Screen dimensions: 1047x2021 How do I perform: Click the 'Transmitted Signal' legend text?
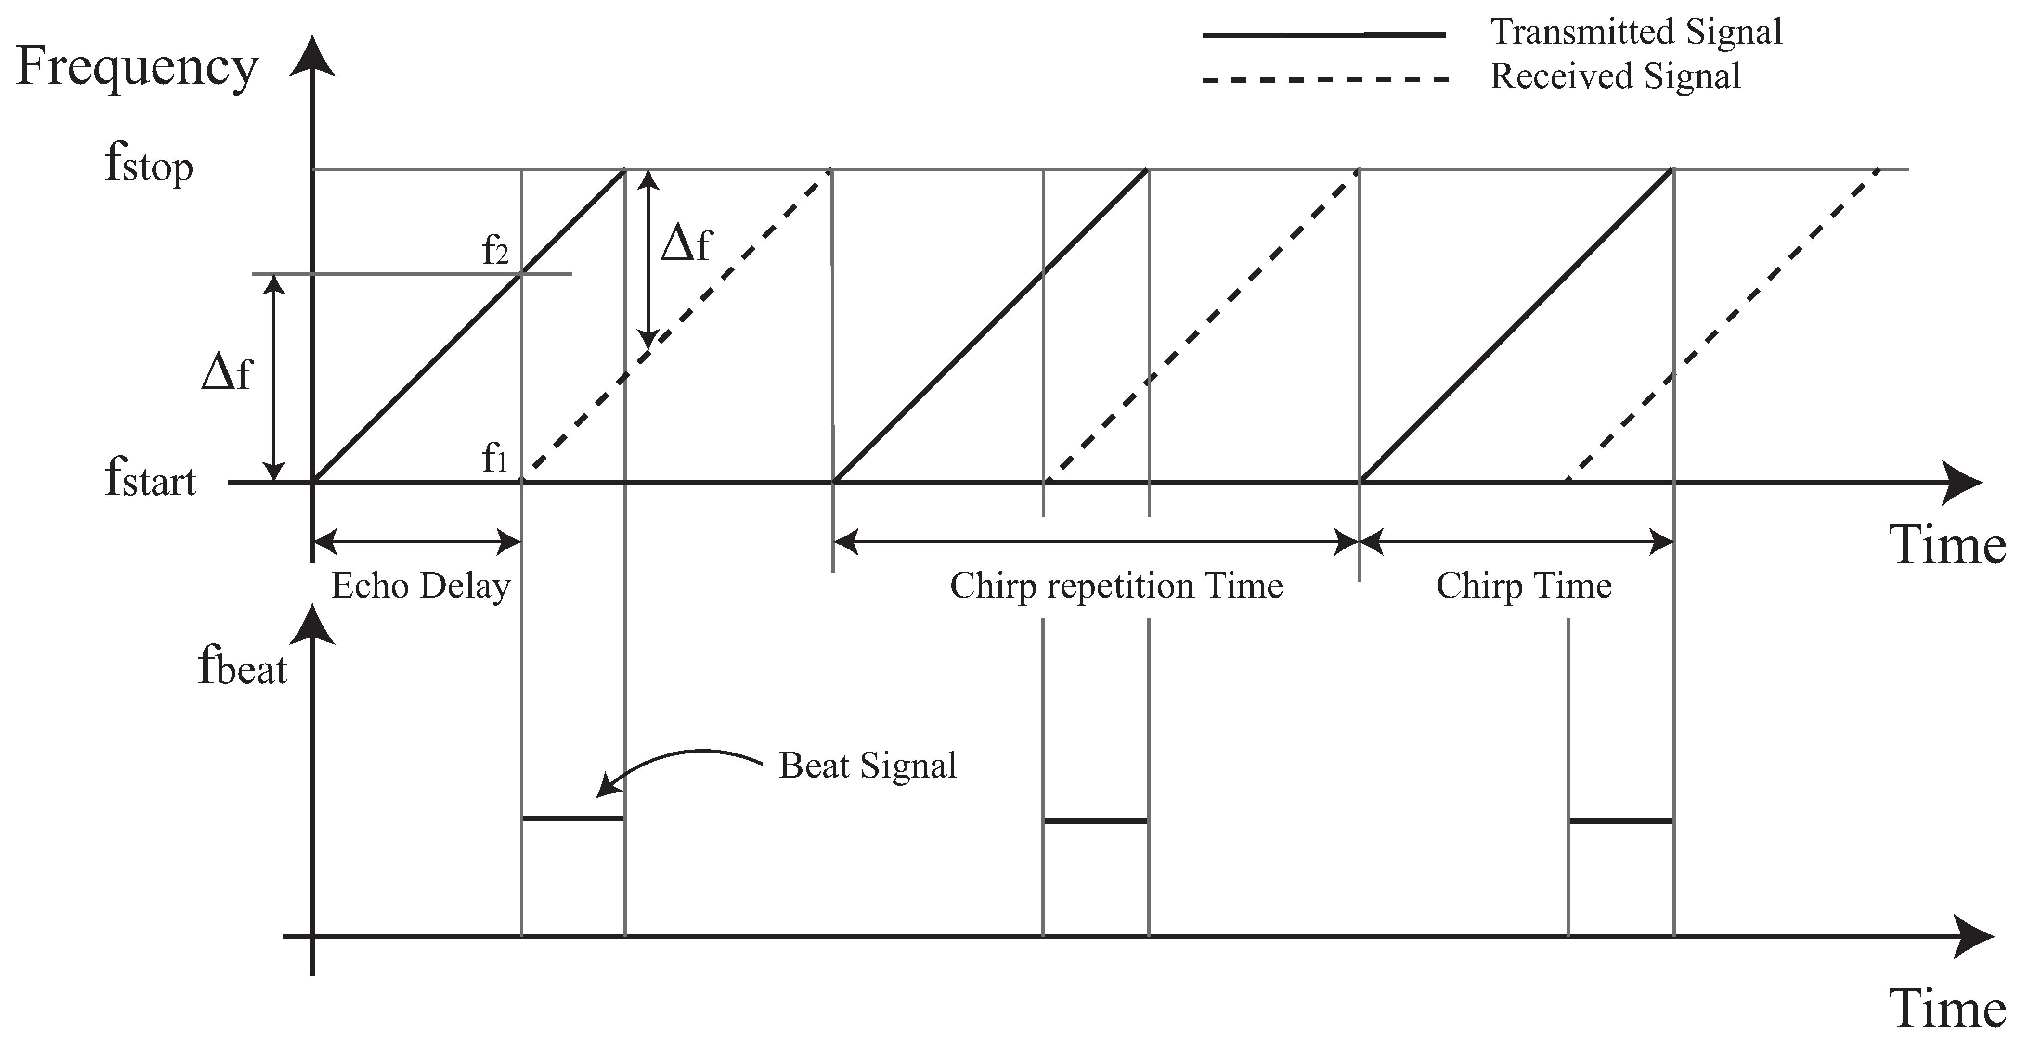click(x=1636, y=33)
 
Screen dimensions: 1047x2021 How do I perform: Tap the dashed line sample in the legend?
click(x=1324, y=79)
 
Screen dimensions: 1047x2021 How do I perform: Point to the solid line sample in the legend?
click(x=1324, y=35)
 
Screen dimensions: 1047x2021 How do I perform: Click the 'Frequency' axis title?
click(x=137, y=67)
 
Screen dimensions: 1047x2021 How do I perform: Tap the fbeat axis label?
click(x=242, y=669)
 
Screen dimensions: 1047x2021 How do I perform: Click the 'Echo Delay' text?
click(x=420, y=587)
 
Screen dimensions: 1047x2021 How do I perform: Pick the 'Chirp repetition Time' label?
click(x=1115, y=587)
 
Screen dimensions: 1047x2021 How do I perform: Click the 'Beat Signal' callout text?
click(x=868, y=766)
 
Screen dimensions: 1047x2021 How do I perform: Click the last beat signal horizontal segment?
click(x=1621, y=821)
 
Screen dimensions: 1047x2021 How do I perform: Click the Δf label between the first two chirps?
click(x=686, y=244)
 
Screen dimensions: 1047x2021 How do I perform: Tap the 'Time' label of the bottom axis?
click(x=1947, y=1009)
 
